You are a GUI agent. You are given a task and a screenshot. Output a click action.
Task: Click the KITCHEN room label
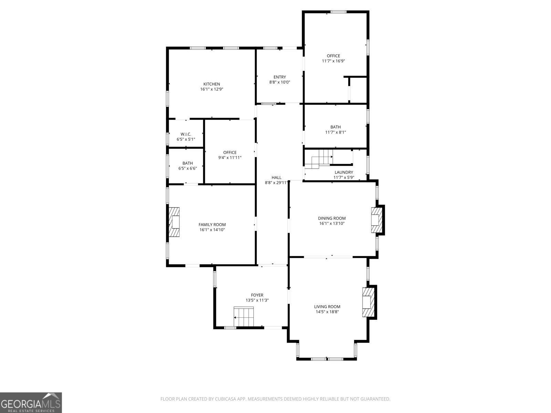(211, 84)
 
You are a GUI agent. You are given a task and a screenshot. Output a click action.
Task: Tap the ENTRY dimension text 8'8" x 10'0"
(280, 82)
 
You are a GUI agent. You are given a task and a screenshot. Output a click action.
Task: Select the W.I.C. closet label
(186, 134)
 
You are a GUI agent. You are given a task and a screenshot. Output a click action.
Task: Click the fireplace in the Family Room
(174, 222)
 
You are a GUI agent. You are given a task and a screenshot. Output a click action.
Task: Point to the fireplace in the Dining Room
(376, 220)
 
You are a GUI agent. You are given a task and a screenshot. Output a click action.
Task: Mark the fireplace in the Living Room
(367, 302)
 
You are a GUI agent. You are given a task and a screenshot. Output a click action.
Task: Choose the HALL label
(276, 178)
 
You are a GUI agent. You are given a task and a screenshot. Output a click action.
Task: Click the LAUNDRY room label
(344, 172)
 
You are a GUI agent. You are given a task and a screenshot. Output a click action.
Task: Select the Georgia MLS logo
(31, 402)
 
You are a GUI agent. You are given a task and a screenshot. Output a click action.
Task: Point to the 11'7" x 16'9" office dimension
(333, 61)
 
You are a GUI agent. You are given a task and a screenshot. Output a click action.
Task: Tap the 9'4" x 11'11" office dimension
(230, 158)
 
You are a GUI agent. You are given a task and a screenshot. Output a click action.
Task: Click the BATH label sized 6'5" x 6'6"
(187, 163)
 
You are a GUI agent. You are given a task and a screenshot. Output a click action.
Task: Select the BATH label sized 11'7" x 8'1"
(335, 127)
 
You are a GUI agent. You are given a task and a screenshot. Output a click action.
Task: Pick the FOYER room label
(257, 295)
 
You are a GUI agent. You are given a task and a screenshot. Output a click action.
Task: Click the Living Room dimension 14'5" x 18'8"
(327, 312)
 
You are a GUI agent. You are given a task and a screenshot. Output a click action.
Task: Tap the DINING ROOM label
(332, 218)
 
